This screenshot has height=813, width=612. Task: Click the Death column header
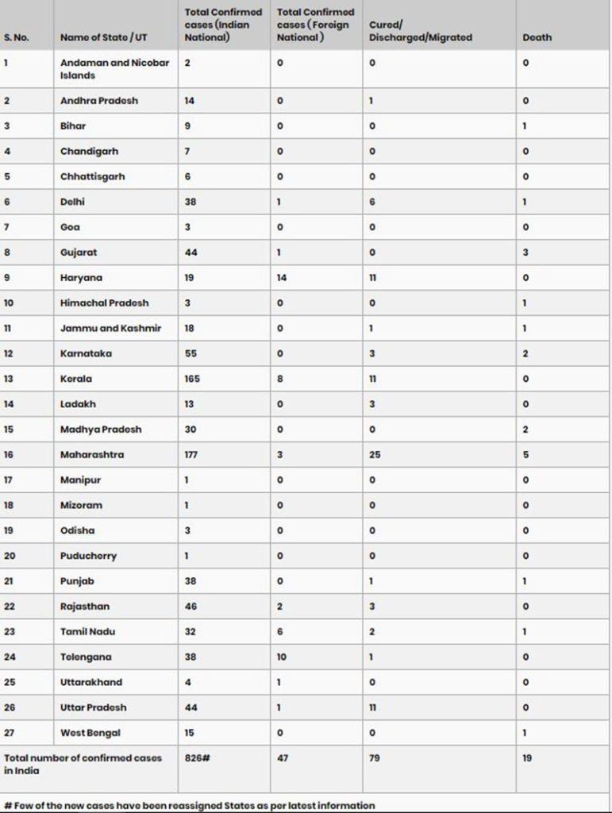click(x=537, y=37)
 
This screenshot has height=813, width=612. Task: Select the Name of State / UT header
click(x=104, y=37)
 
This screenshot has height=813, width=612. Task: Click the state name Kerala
click(x=76, y=379)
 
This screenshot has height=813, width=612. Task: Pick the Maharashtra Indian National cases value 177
click(x=191, y=455)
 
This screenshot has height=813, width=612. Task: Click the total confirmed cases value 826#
click(x=197, y=758)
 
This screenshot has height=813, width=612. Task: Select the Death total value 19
click(x=527, y=758)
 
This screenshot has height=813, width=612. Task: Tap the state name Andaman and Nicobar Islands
click(x=114, y=69)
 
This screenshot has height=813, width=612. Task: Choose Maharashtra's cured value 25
click(x=375, y=455)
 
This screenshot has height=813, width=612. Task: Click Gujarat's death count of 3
click(x=525, y=252)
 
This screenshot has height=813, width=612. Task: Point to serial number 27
click(x=10, y=733)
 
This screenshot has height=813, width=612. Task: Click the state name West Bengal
click(x=90, y=733)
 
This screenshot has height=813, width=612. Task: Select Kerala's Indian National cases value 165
click(x=192, y=379)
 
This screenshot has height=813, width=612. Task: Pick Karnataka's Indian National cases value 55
click(x=191, y=353)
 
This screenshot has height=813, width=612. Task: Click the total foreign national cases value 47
click(x=283, y=758)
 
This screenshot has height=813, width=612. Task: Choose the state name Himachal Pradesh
click(x=104, y=303)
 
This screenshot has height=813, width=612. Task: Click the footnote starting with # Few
click(x=189, y=805)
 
